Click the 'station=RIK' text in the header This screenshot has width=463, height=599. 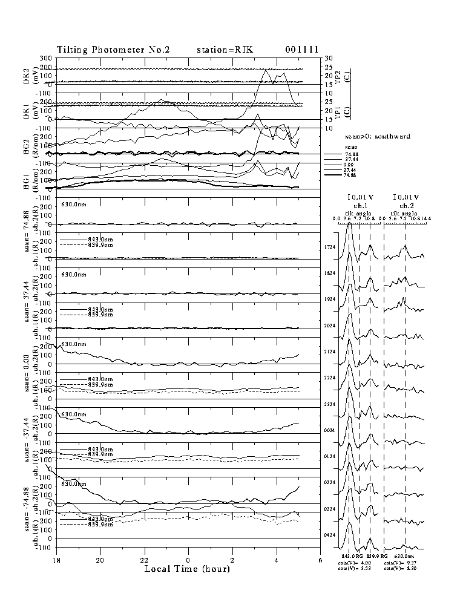[225, 50]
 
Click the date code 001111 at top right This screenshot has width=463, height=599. [302, 50]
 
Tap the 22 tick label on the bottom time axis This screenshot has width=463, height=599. [145, 561]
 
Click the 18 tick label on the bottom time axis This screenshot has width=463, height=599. [56, 561]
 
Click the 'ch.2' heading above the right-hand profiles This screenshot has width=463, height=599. [406, 206]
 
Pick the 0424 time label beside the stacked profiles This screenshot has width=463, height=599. [329, 535]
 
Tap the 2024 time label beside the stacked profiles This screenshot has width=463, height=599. [329, 326]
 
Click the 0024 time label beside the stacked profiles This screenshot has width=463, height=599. [329, 430]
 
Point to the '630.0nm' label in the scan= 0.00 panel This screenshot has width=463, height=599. [76, 344]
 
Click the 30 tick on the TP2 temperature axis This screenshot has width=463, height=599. [328, 59]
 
